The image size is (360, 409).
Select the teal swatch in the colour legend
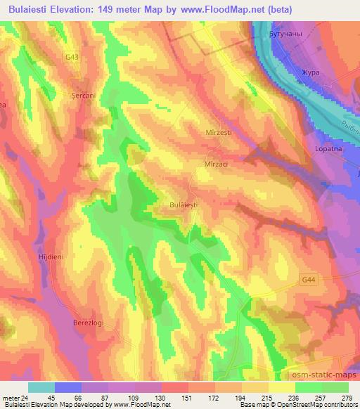(41, 388)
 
